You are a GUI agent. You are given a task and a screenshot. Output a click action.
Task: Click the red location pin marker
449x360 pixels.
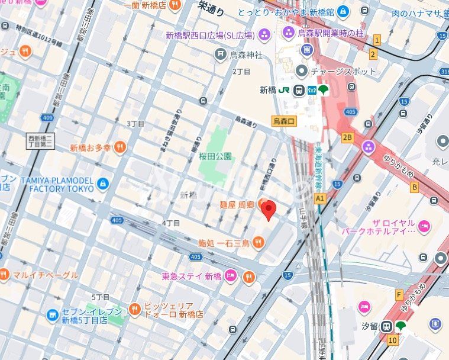(x=269, y=210)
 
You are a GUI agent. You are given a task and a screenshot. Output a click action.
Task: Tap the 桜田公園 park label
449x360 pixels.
(x=215, y=156)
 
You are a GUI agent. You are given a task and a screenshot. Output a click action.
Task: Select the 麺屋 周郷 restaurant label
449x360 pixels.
(x=237, y=204)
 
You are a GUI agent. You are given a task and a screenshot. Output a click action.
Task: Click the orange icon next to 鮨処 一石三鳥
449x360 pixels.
(x=258, y=242)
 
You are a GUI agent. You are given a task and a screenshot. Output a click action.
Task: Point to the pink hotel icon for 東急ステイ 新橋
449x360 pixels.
(x=231, y=276)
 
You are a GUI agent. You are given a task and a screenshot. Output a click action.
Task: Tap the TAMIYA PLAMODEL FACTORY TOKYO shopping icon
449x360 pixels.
(x=103, y=184)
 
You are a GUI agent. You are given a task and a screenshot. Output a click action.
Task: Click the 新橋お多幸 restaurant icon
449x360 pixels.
(x=120, y=147)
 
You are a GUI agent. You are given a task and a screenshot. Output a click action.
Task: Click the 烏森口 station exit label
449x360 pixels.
(x=285, y=121)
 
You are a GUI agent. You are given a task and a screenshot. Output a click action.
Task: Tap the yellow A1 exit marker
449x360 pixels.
(x=320, y=198)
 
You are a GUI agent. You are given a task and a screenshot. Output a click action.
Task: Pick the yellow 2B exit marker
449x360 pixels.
(x=347, y=137)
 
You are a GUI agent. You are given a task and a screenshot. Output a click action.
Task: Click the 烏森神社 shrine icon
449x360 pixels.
(x=221, y=55)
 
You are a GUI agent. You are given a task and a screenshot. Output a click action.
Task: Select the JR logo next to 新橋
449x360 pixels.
(x=284, y=90)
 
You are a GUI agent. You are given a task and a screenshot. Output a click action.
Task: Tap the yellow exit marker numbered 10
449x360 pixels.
(x=393, y=340)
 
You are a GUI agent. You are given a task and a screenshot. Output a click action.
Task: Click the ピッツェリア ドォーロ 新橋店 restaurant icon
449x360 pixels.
(x=135, y=308)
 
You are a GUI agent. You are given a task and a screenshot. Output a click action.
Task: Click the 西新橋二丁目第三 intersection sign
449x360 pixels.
(x=41, y=142)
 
